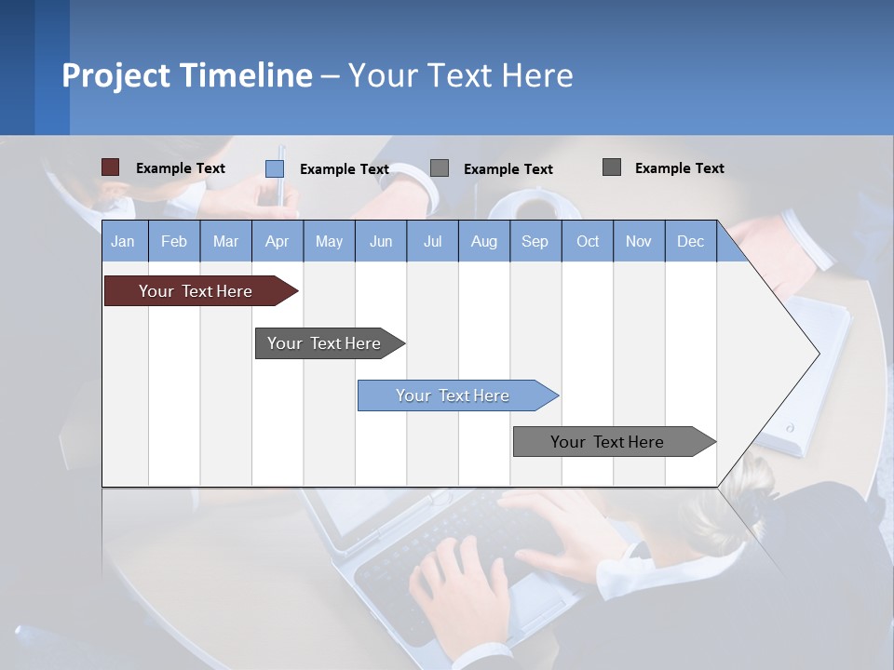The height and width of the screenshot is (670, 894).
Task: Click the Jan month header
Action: [x=123, y=241]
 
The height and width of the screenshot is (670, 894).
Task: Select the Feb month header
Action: [x=174, y=241]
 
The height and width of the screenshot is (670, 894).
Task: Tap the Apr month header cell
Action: [x=277, y=241]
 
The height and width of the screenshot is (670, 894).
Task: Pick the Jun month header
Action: [x=381, y=241]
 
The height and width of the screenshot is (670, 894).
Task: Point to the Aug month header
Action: [x=483, y=241]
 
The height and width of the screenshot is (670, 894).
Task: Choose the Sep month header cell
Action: [x=535, y=241]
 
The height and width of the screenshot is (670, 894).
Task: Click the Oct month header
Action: [x=588, y=241]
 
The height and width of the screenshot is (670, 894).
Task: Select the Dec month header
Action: [x=690, y=241]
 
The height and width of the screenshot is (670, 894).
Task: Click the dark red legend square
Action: [x=110, y=167]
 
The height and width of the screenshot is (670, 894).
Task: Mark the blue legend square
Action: [x=275, y=168]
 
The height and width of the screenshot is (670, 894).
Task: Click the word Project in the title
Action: [x=116, y=75]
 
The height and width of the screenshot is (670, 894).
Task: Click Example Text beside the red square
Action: [x=181, y=168]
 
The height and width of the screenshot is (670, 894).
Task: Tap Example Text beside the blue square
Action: [x=345, y=169]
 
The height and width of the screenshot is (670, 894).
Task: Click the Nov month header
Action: [x=639, y=241]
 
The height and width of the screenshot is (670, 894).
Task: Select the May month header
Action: [x=329, y=241]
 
